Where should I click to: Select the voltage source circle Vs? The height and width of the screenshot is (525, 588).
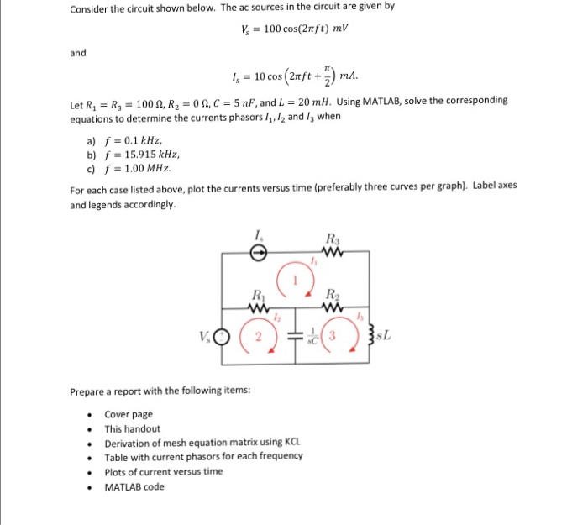pyautogui.click(x=223, y=339)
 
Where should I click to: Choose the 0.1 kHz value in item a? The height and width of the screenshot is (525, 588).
pyautogui.click(x=139, y=141)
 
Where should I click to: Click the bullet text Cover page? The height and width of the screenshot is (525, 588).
pyautogui.click(x=129, y=414)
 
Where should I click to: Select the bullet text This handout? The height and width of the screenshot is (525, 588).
pyautogui.click(x=133, y=428)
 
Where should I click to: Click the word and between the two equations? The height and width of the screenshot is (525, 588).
pyautogui.click(x=78, y=53)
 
